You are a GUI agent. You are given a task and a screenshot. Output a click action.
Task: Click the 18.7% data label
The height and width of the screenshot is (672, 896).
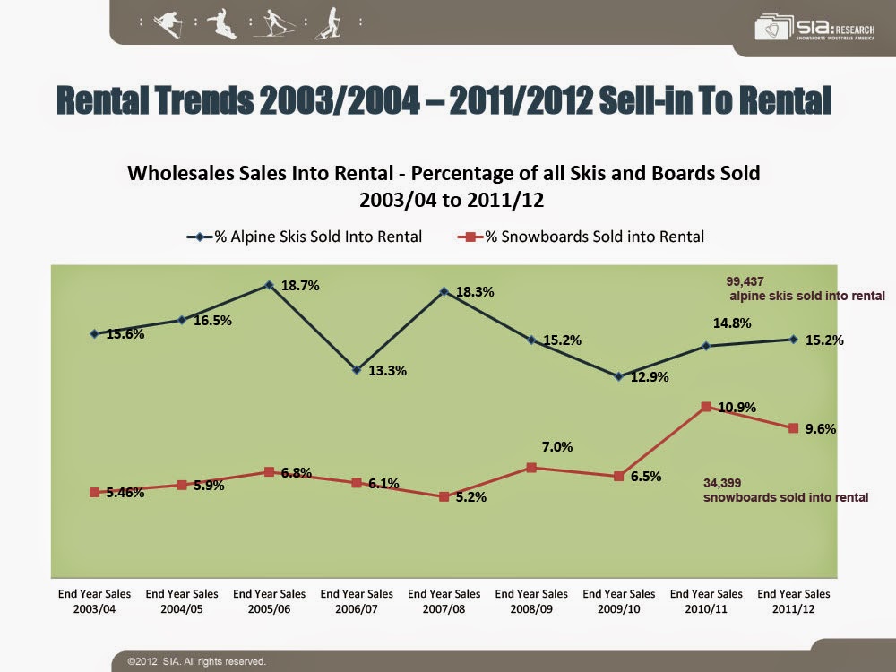coord(301,286)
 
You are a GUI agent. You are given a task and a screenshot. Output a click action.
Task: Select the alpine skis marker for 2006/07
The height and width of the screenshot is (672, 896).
coord(357,369)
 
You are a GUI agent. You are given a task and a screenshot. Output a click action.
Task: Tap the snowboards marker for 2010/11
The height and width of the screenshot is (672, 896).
coord(706,407)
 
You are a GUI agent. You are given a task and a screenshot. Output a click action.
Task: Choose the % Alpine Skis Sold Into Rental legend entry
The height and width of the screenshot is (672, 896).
coord(304,237)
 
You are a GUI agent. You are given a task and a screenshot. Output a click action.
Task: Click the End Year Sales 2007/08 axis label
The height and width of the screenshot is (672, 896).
coord(444,600)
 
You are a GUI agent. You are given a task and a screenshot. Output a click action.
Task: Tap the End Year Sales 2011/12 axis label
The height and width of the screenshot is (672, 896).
coord(793,600)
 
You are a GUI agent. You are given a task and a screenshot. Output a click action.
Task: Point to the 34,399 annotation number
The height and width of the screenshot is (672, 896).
coord(721,483)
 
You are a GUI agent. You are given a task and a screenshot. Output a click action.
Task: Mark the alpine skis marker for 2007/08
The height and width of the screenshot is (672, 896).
coord(444,291)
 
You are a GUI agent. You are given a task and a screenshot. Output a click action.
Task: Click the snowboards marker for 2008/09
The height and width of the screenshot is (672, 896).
coord(531,468)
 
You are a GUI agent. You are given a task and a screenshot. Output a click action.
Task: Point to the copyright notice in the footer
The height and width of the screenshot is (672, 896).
coord(196,661)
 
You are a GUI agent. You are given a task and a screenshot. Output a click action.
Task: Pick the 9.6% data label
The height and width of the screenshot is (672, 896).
coord(821,429)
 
